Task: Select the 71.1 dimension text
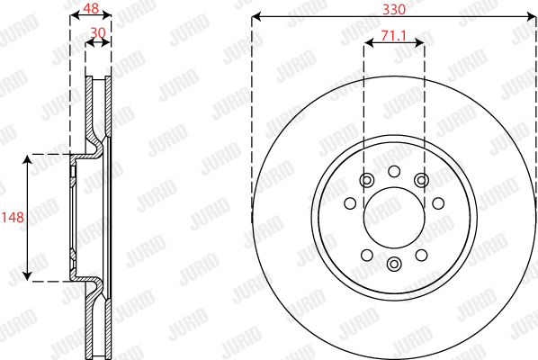coord(393,36)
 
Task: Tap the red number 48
coord(90,7)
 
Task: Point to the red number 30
coord(98,32)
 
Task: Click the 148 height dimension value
coord(13,218)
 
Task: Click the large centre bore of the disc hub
coord(393,218)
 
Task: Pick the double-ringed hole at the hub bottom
coord(393,264)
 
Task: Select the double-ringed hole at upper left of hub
coord(365,181)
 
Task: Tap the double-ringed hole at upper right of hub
coord(421,181)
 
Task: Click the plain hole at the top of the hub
coord(393,172)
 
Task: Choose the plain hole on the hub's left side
coord(349,203)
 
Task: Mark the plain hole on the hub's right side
coord(437,203)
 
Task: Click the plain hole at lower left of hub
coord(365,256)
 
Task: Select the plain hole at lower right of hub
coord(421,256)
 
